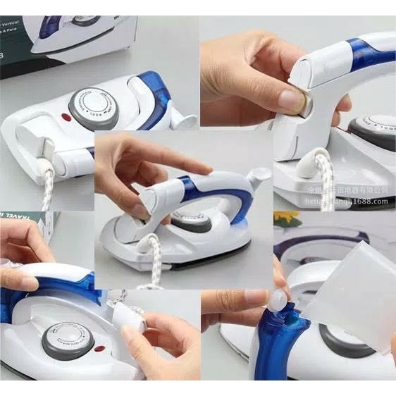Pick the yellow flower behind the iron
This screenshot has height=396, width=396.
coord(285,217)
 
